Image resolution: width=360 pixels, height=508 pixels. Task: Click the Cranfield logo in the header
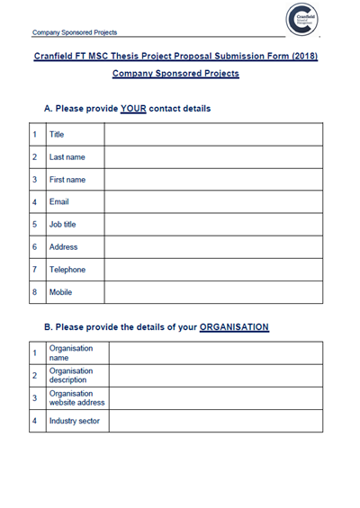coord(303,21)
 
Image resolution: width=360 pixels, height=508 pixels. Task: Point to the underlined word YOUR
coord(146,109)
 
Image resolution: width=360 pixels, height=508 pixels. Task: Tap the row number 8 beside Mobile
coord(33,292)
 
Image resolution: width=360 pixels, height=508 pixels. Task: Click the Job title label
coord(63,225)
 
